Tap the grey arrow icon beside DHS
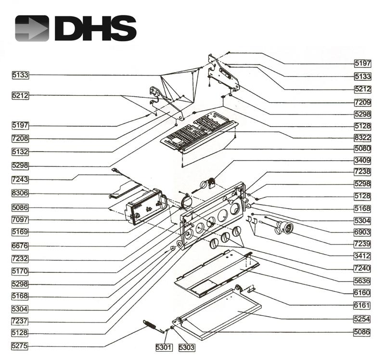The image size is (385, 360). [32, 28]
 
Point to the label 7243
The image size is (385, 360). [21, 180]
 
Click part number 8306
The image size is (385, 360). [21, 194]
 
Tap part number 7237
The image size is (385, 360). [21, 320]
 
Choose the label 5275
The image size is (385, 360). [21, 346]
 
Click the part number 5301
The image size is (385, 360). [163, 347]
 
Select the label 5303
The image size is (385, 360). [186, 347]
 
